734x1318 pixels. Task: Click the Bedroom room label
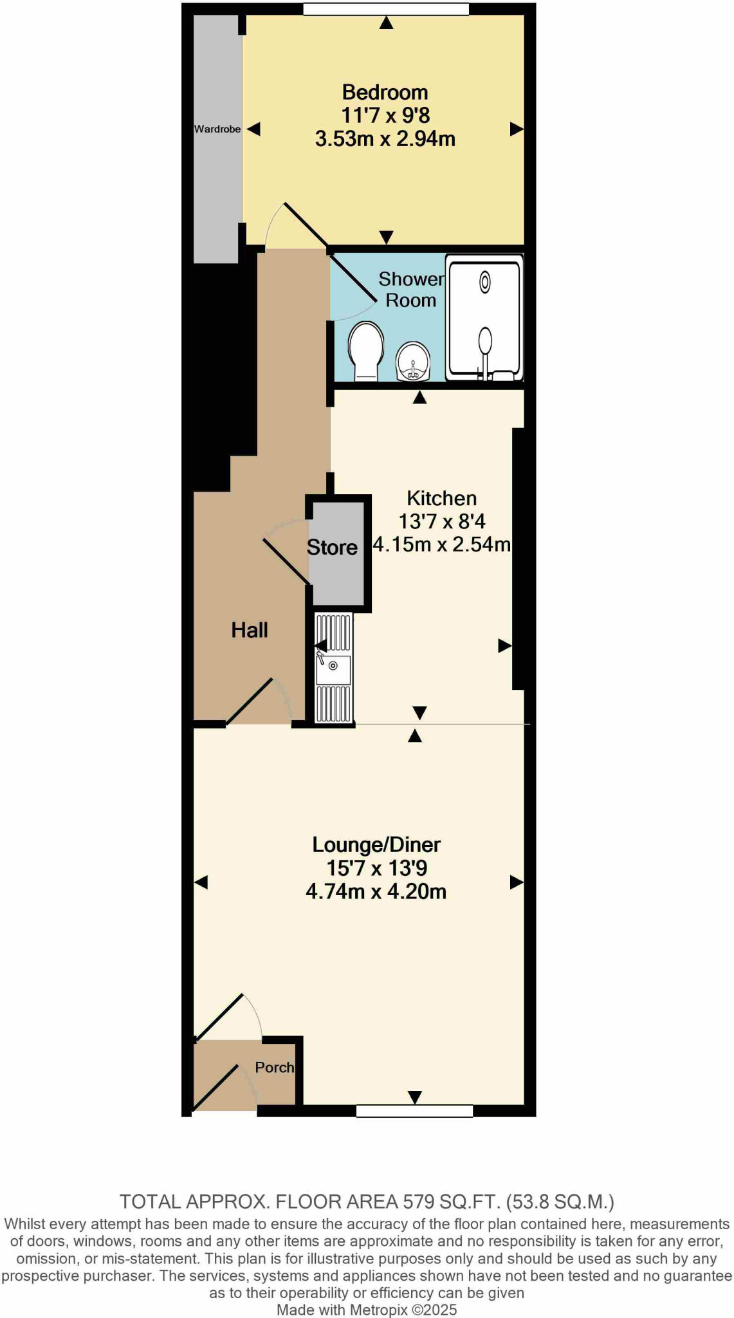tap(385, 93)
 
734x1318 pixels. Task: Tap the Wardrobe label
tap(217, 129)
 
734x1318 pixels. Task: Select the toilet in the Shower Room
tap(365, 351)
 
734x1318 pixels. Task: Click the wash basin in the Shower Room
tap(412, 362)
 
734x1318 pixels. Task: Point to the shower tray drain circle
tap(485, 282)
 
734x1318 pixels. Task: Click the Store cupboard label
tap(332, 548)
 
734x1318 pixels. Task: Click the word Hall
tap(250, 630)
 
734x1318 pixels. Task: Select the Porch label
tap(274, 1067)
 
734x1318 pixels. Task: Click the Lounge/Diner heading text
tap(376, 844)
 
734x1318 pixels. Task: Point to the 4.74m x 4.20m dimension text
tap(376, 891)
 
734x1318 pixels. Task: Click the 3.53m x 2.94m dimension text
tap(385, 139)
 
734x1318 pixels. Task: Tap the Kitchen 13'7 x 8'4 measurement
tap(442, 521)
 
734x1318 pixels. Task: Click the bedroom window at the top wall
tap(386, 9)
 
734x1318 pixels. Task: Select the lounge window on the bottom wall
tap(414, 1111)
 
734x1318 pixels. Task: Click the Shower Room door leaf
tap(353, 279)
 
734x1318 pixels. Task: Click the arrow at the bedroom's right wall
tap(516, 129)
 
